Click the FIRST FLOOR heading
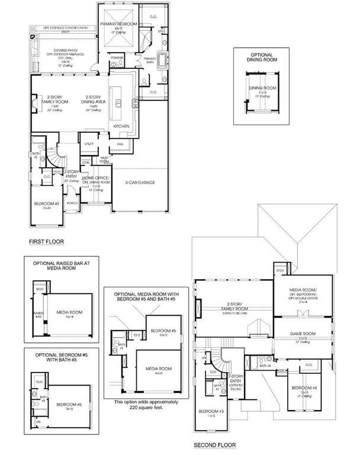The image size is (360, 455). [46, 242]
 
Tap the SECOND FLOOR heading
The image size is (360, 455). [214, 445]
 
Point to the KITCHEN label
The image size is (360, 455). [121, 126]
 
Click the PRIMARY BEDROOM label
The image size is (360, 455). [118, 24]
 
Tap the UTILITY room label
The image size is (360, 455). [89, 143]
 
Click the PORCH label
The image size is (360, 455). [72, 203]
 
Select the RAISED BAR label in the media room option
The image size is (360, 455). [38, 314]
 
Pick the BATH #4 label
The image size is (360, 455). [264, 366]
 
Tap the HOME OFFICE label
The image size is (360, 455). [95, 178]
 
